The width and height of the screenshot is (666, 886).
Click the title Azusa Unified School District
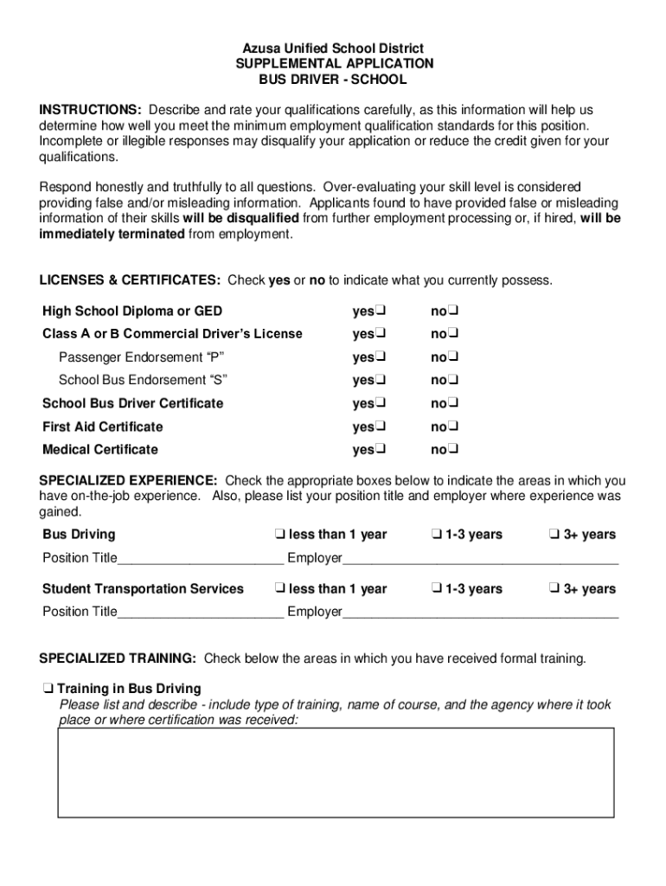click(x=333, y=48)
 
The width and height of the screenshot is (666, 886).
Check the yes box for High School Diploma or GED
click(x=381, y=311)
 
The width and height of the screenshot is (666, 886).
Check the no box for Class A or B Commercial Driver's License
click(x=453, y=334)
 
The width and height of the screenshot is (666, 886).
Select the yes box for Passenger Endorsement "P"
click(x=381, y=357)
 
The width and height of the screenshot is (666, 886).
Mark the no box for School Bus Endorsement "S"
click(x=453, y=381)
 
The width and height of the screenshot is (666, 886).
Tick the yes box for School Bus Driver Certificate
click(x=381, y=404)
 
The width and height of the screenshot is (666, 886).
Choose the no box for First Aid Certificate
click(x=453, y=427)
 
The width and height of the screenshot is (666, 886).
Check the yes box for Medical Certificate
click(x=381, y=450)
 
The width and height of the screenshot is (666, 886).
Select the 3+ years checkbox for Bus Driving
click(x=554, y=535)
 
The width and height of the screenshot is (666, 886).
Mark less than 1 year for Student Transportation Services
click(x=279, y=589)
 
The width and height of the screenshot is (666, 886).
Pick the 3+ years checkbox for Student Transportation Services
click(x=554, y=589)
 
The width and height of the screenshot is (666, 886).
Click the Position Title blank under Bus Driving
click(x=200, y=558)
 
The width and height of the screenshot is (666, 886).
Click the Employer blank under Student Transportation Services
click(x=480, y=613)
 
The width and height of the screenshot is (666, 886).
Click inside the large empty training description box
click(x=336, y=773)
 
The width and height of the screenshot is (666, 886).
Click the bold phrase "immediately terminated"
click(x=112, y=234)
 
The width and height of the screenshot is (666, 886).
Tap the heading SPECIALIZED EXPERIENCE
click(x=129, y=481)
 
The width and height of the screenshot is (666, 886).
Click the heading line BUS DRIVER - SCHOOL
click(x=333, y=80)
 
